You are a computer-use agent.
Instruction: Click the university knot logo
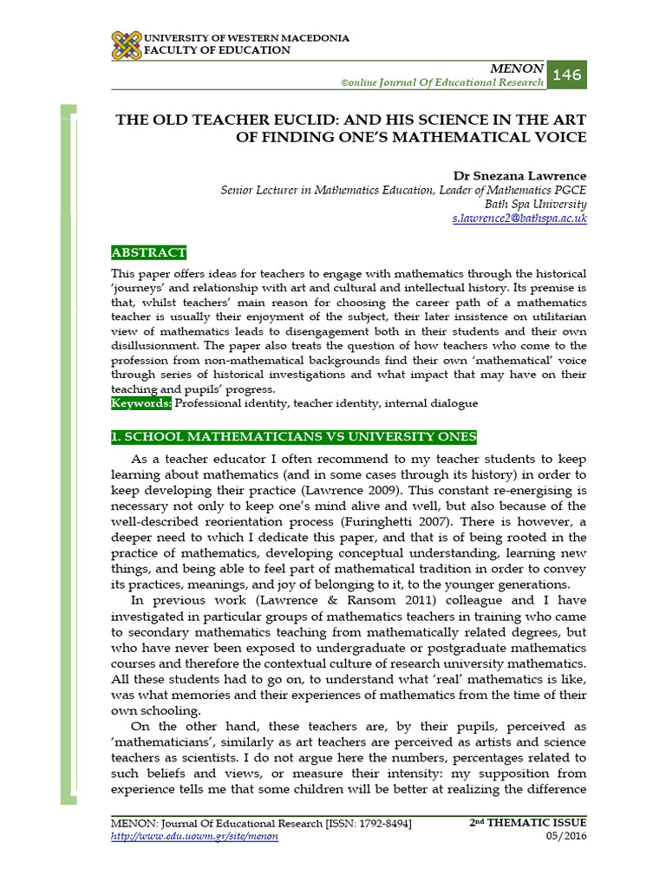pos(126,45)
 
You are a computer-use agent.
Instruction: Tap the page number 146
pos(566,75)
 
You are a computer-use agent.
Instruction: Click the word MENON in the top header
pos(518,69)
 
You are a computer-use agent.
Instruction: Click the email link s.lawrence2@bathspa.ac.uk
pos(519,219)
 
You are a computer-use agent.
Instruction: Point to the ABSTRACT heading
pos(148,252)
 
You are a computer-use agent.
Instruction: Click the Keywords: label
pos(141,403)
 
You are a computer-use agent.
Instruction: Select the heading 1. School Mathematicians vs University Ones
pos(294,436)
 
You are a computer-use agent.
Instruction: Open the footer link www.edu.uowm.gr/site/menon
pos(194,836)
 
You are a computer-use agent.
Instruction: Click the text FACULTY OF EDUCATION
pos(216,50)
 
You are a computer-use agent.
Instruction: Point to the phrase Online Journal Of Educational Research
pos(442,82)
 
